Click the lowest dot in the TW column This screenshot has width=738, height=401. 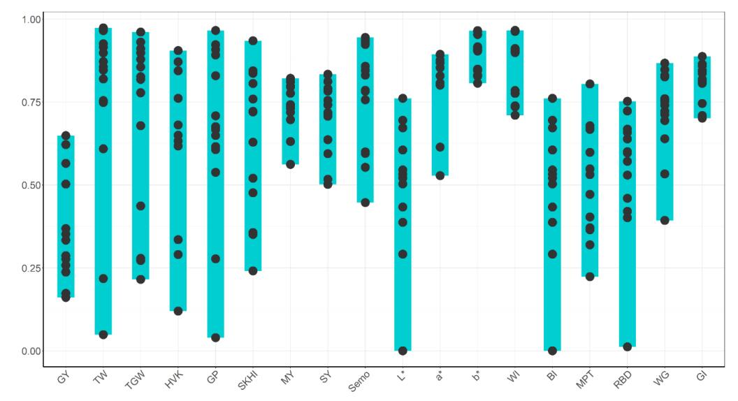click(103, 335)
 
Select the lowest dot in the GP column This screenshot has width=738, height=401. click(216, 337)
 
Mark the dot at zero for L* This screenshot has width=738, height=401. click(403, 351)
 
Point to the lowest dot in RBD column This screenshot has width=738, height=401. click(628, 347)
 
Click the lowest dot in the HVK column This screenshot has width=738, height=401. click(178, 311)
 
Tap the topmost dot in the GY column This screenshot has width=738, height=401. click(66, 136)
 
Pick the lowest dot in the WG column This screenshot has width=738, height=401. click(665, 220)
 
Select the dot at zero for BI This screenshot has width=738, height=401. click(552, 351)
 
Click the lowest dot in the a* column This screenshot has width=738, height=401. click(440, 175)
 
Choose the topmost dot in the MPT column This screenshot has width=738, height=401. click(590, 84)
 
